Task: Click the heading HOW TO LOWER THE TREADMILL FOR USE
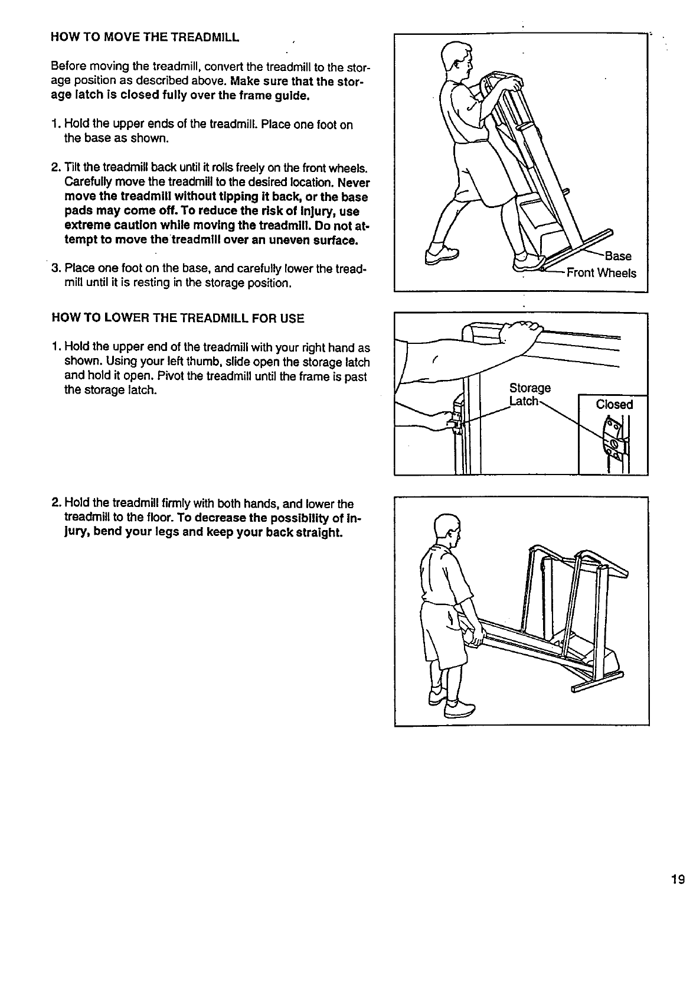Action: coord(178,318)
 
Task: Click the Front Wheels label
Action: coord(601,273)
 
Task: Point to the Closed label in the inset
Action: coord(614,405)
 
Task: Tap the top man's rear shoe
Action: coord(442,255)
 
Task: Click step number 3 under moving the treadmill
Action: coord(55,269)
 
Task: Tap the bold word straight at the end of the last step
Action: coord(318,533)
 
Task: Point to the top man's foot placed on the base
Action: coord(527,261)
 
